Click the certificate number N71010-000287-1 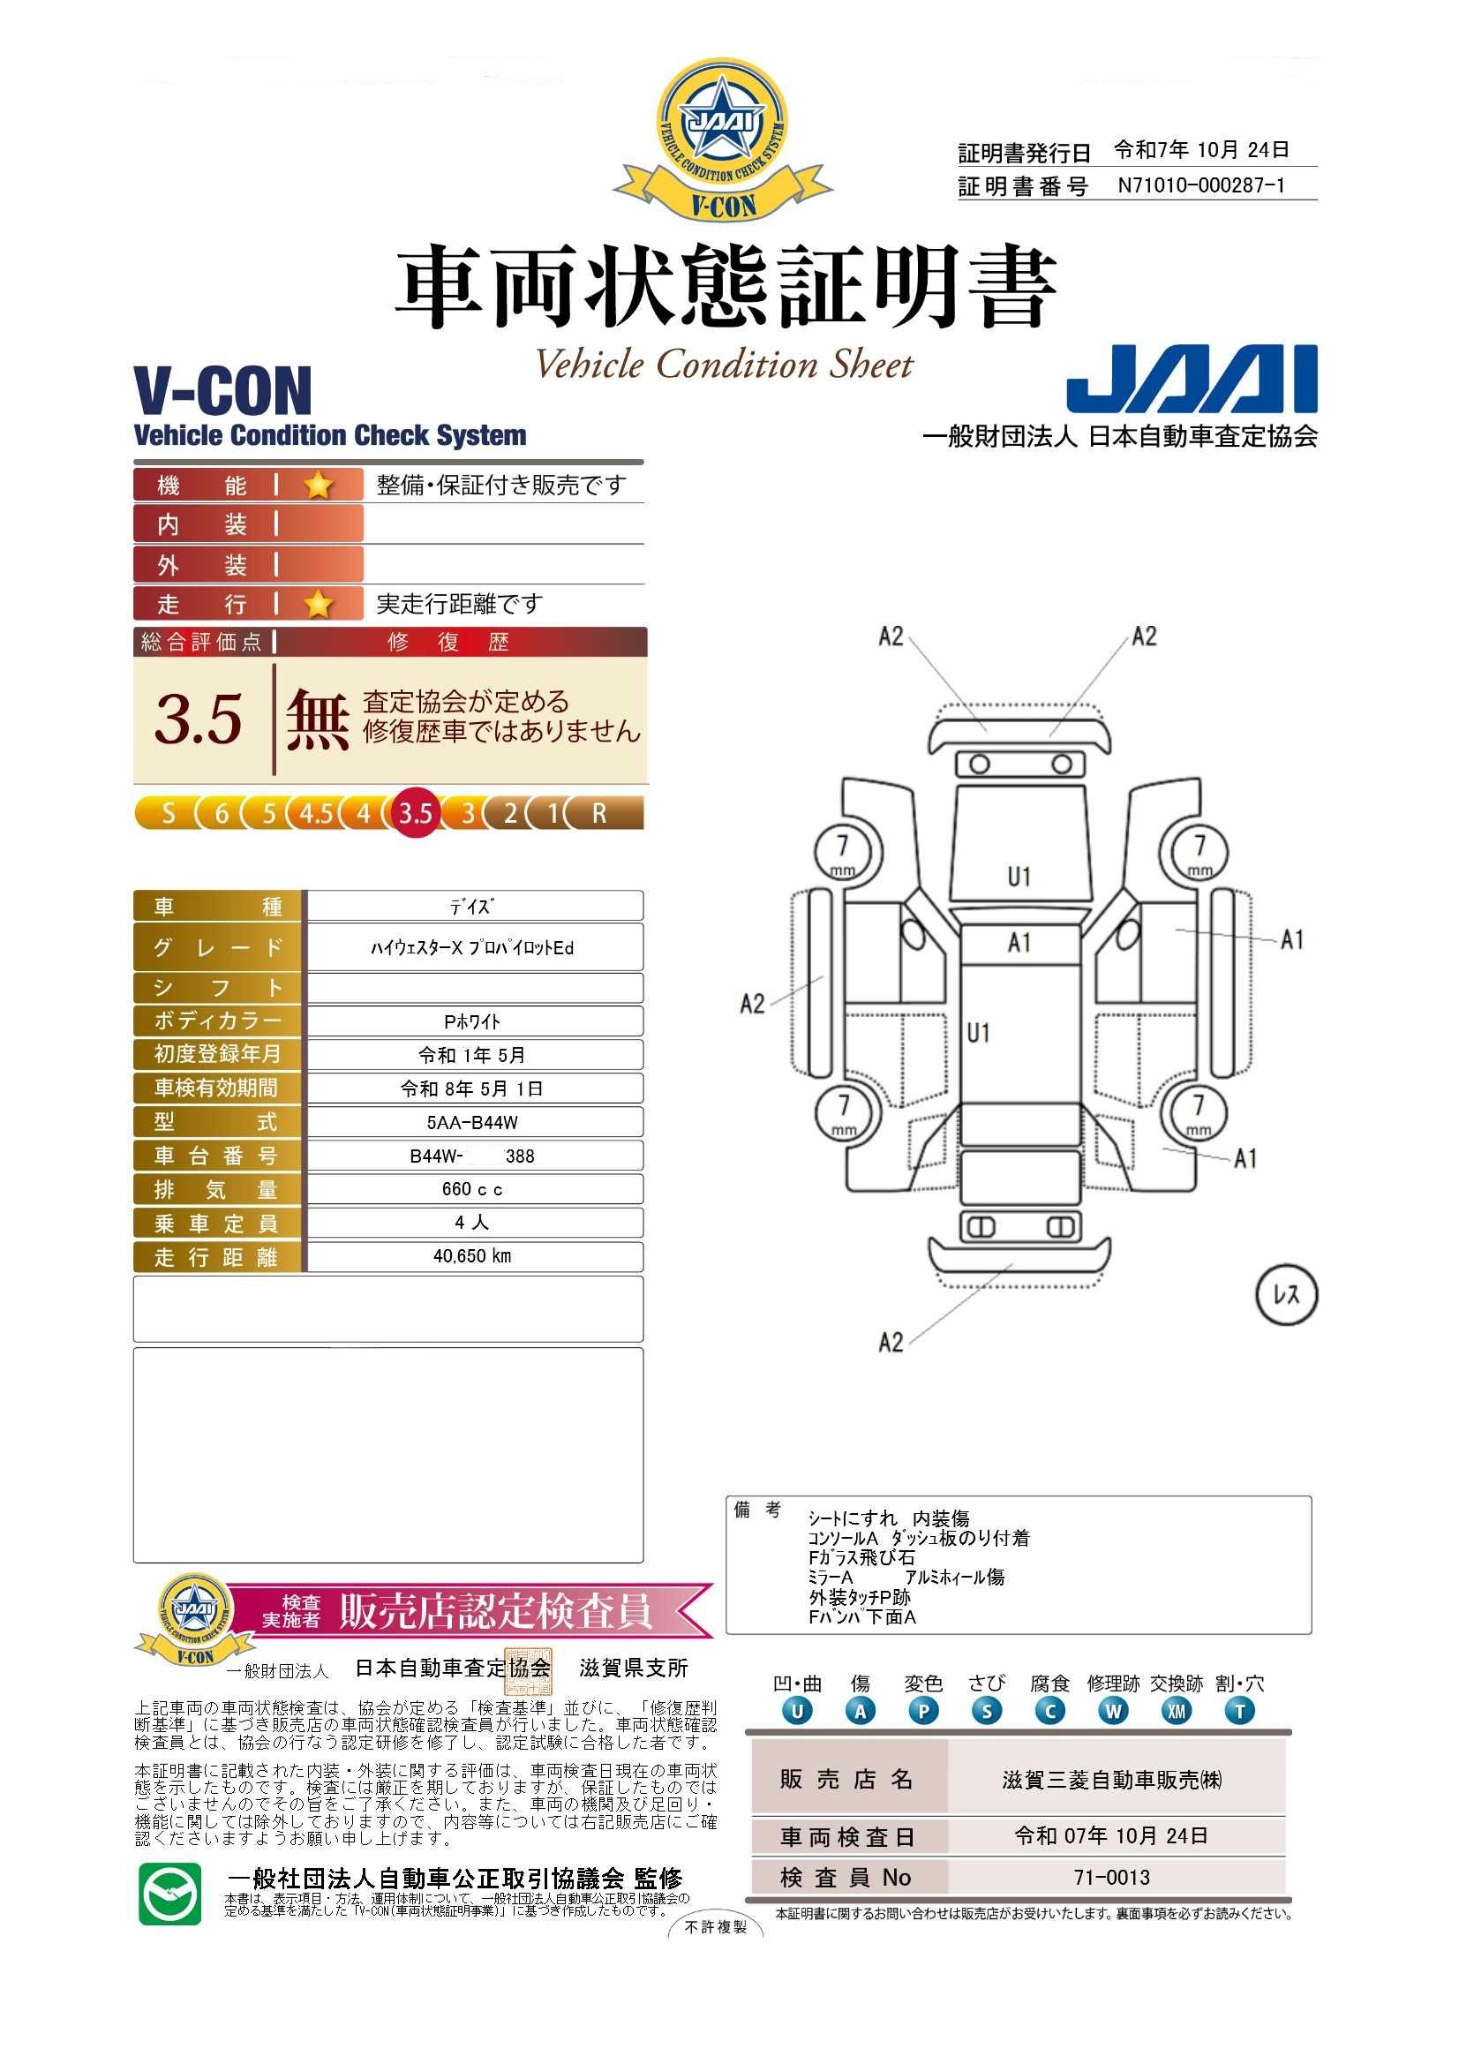coord(1201,185)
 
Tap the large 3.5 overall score coord(198,719)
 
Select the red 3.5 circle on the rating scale coord(416,814)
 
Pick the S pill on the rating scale coord(168,814)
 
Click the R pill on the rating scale coord(600,814)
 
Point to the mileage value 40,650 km coord(472,1256)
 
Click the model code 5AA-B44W coord(473,1122)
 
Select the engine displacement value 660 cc coord(473,1189)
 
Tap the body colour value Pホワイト coord(473,1021)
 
